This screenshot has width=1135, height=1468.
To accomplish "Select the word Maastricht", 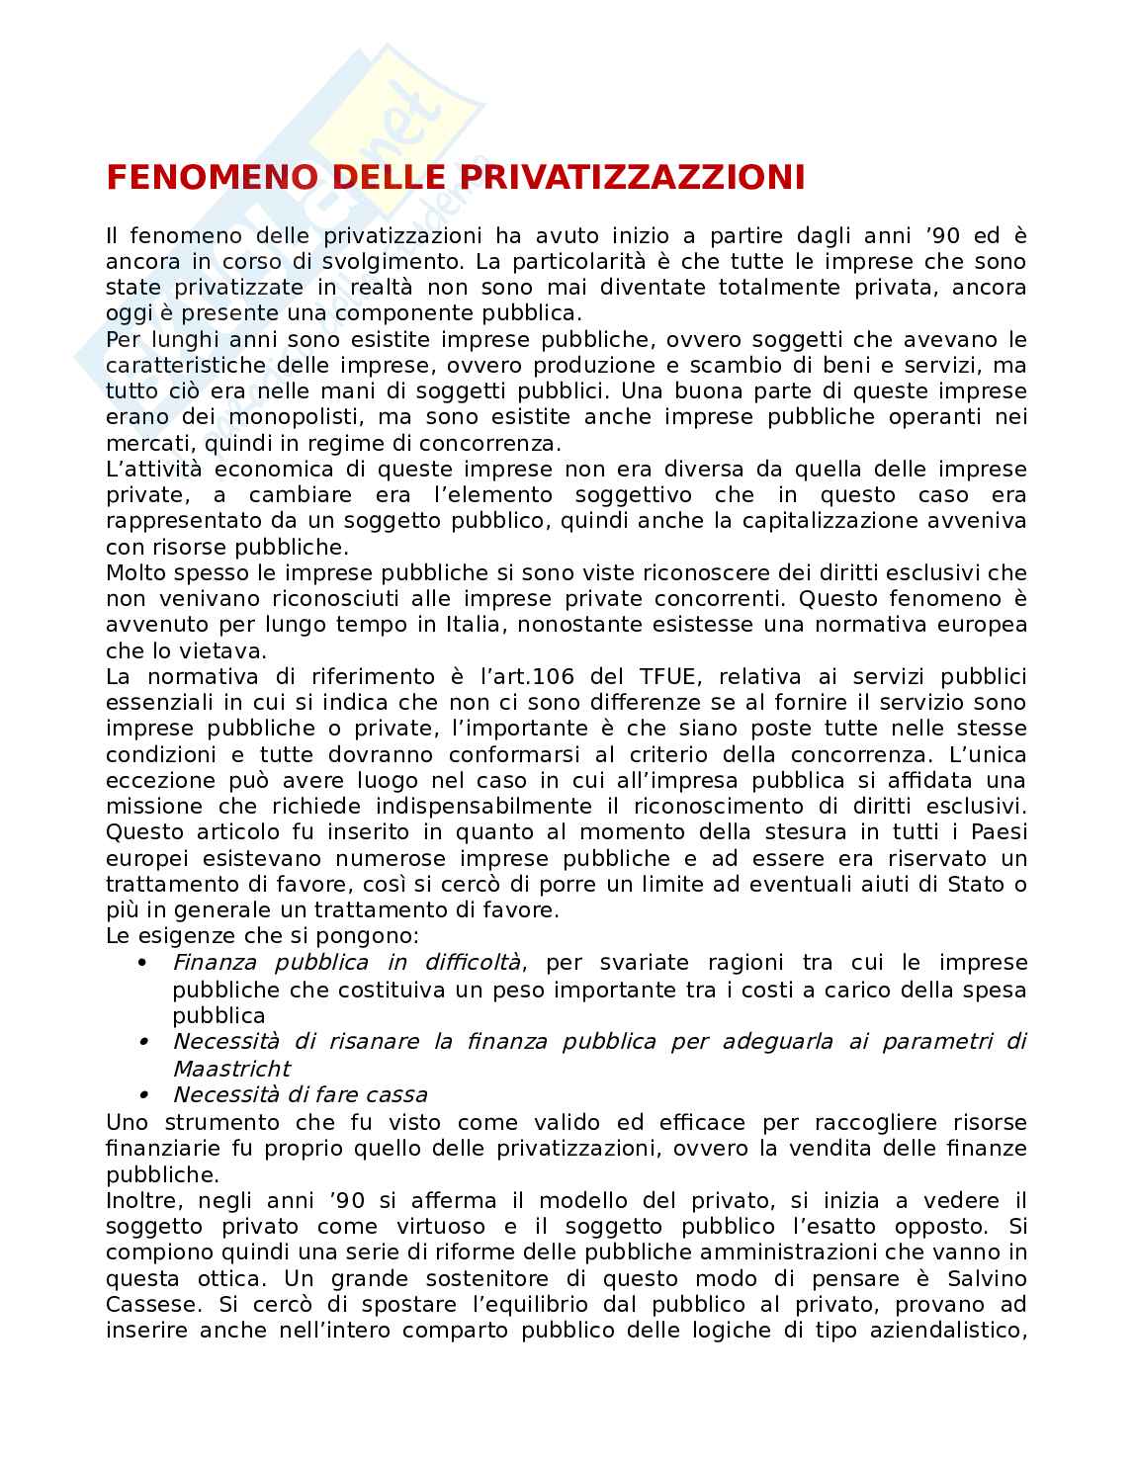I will (x=231, y=1068).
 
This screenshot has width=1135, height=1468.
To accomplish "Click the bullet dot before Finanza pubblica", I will (x=142, y=962).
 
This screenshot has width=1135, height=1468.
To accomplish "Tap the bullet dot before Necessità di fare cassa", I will (x=142, y=1094).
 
